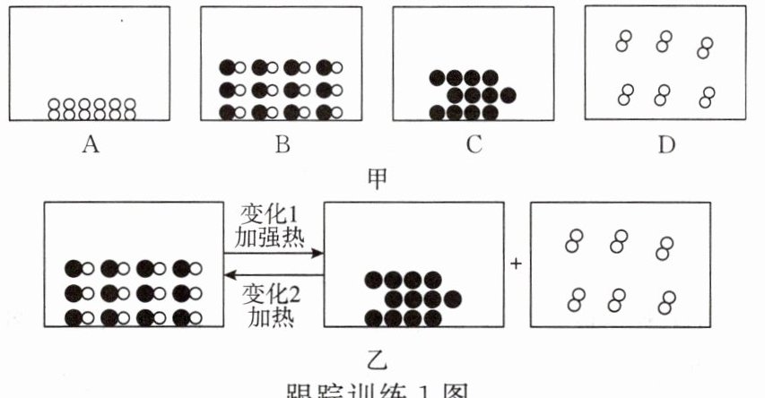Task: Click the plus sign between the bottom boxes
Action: tap(516, 264)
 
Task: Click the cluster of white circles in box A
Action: tap(91, 109)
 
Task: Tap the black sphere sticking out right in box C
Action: tap(508, 94)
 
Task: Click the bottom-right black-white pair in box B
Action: tap(329, 112)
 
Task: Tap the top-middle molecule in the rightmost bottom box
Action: tap(620, 240)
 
